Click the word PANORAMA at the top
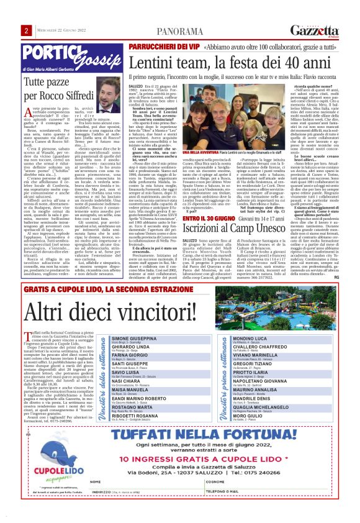click(x=179, y=31)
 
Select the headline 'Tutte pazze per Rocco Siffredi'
click(x=59, y=85)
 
